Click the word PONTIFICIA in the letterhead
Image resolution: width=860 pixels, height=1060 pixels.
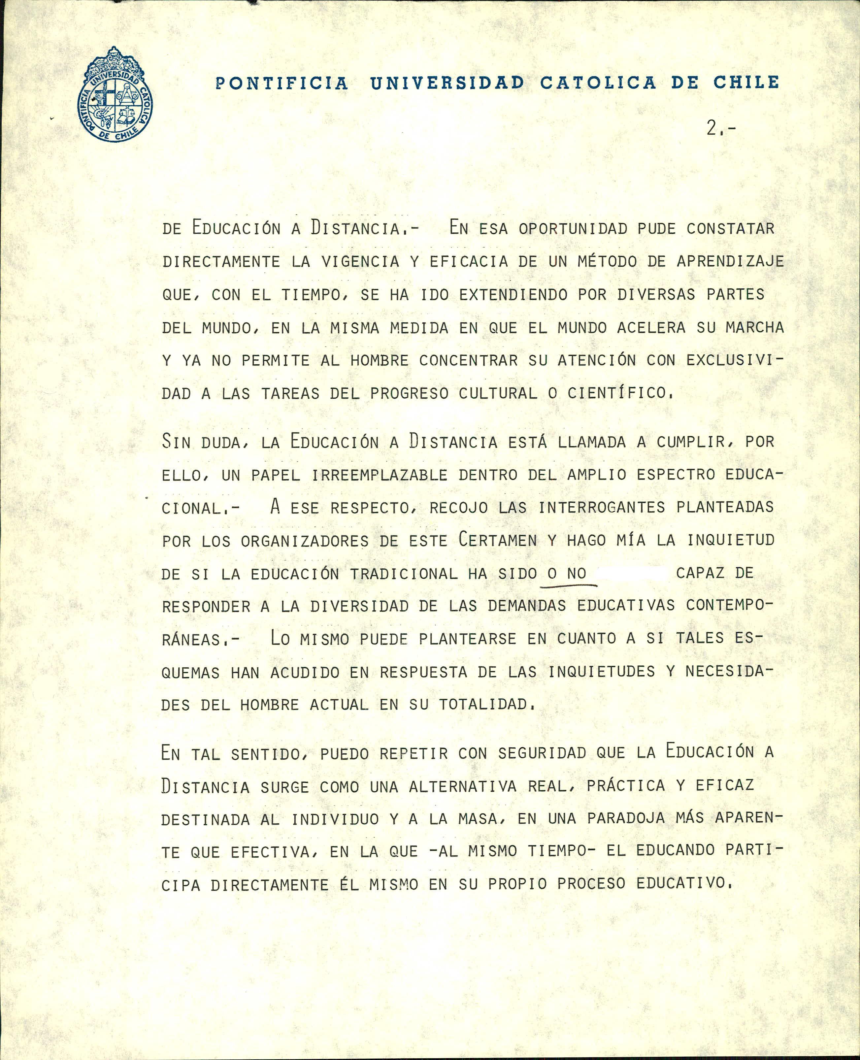pos(282,83)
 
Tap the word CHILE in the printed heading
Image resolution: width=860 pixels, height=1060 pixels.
pos(746,82)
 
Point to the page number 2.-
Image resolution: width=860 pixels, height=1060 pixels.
pos(720,129)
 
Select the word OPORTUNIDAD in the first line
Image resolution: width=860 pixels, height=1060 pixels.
pos(573,229)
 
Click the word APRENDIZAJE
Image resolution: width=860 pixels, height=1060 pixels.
pos(730,261)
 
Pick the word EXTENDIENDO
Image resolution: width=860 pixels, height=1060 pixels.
pos(513,295)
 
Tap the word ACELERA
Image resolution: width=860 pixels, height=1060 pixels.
pos(651,327)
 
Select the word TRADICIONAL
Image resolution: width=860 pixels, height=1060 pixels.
pos(404,574)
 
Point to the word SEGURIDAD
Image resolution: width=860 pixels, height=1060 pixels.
pos(542,753)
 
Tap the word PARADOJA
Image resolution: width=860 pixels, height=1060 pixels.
pos(626,818)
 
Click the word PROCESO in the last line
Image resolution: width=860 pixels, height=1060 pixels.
pos(591,884)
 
